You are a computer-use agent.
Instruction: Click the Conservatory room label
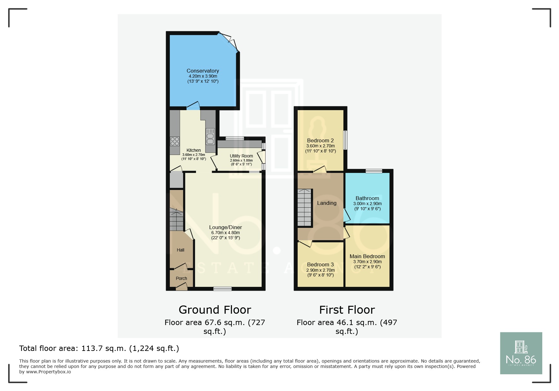point(203,71)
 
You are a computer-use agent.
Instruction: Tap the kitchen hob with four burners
point(175,141)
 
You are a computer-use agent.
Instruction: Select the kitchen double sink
point(210,136)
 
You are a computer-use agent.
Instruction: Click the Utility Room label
point(241,156)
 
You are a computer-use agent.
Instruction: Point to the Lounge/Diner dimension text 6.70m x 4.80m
point(225,233)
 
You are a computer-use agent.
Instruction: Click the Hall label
point(181,250)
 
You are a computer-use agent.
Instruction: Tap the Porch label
point(181,278)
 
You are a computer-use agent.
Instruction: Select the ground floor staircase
point(176,219)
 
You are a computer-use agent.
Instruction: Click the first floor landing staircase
point(305,208)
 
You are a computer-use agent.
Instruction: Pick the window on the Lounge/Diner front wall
point(222,288)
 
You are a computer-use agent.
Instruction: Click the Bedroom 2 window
point(345,140)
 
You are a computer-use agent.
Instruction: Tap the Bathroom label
point(367,198)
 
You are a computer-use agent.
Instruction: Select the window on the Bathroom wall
point(374,171)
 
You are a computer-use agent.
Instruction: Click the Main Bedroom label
point(367,256)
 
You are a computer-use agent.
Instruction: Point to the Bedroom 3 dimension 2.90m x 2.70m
point(320,270)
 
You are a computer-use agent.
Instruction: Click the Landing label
point(327,203)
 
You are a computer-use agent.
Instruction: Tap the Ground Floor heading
point(215,310)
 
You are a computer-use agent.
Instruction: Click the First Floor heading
point(347,310)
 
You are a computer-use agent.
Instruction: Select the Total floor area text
point(99,348)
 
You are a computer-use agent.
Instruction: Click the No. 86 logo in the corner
point(521,353)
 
